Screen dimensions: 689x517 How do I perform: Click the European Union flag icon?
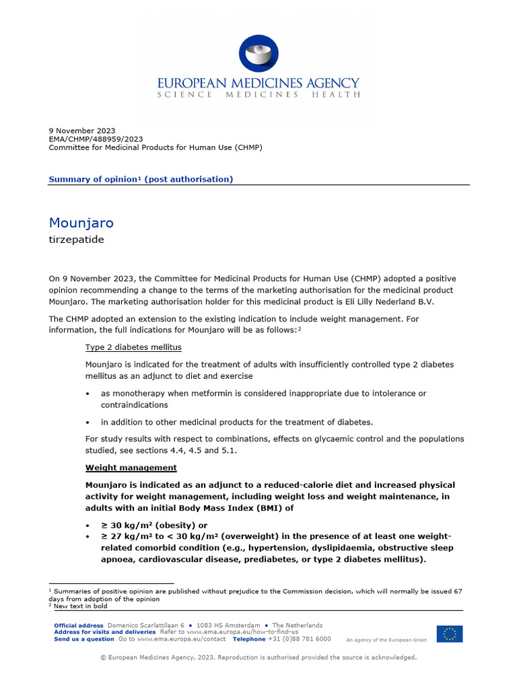[x=449, y=634]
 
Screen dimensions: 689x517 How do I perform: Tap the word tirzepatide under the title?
[x=76, y=240]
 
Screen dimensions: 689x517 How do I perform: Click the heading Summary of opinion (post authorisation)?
[x=141, y=179]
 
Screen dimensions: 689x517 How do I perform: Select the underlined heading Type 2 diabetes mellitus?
[x=133, y=347]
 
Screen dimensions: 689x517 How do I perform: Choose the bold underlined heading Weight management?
[x=131, y=468]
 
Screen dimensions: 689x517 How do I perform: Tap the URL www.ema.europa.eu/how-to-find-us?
[x=238, y=632]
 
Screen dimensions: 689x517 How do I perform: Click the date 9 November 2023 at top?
[x=82, y=131]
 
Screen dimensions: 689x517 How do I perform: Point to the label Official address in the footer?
[x=79, y=626]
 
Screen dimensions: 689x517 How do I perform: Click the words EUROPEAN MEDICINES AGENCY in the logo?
[x=258, y=83]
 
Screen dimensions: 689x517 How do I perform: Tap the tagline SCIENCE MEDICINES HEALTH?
[x=258, y=95]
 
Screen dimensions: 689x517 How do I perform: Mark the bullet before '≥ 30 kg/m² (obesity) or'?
[x=88, y=525]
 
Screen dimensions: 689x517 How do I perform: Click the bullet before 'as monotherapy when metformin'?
[x=88, y=394]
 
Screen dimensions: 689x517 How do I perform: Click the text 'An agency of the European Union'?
[x=386, y=640]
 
